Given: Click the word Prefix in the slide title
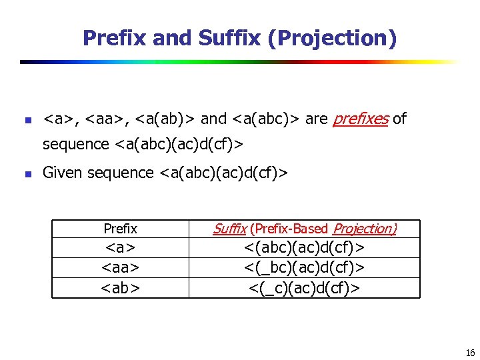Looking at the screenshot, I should (115, 38).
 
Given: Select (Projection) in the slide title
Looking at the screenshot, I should (332, 38).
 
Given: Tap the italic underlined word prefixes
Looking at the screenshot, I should (360, 119).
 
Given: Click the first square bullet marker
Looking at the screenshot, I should (27, 121).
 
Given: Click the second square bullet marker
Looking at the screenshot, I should (27, 175).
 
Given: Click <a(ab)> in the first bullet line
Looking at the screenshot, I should (165, 119).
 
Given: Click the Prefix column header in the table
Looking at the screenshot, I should (120, 229).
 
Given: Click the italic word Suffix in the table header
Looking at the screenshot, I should (229, 229).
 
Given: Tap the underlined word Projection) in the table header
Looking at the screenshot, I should (364, 229).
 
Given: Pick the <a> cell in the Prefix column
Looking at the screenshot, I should (120, 248).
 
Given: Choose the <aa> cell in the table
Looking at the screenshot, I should (120, 267).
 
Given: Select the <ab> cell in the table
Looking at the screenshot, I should (120, 287).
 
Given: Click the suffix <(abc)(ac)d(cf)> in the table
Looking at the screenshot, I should (304, 248).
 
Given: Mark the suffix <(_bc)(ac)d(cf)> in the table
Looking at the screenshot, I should (304, 267).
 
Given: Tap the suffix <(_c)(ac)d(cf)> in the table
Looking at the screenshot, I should (304, 287).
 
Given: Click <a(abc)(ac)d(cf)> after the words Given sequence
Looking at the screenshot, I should (223, 173).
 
